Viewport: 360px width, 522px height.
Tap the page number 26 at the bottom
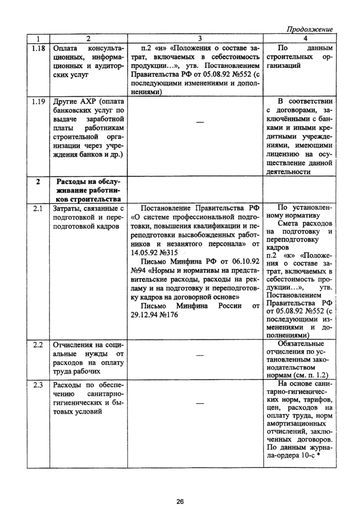pyautogui.click(x=180, y=502)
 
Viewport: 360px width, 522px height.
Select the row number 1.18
pyautogui.click(x=38, y=48)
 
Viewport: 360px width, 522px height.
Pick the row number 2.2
pyautogui.click(x=38, y=345)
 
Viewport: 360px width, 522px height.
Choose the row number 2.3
pyautogui.click(x=38, y=385)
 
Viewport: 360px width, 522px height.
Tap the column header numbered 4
pyautogui.click(x=304, y=38)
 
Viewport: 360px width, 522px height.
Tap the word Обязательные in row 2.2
pyautogui.click(x=300, y=344)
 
